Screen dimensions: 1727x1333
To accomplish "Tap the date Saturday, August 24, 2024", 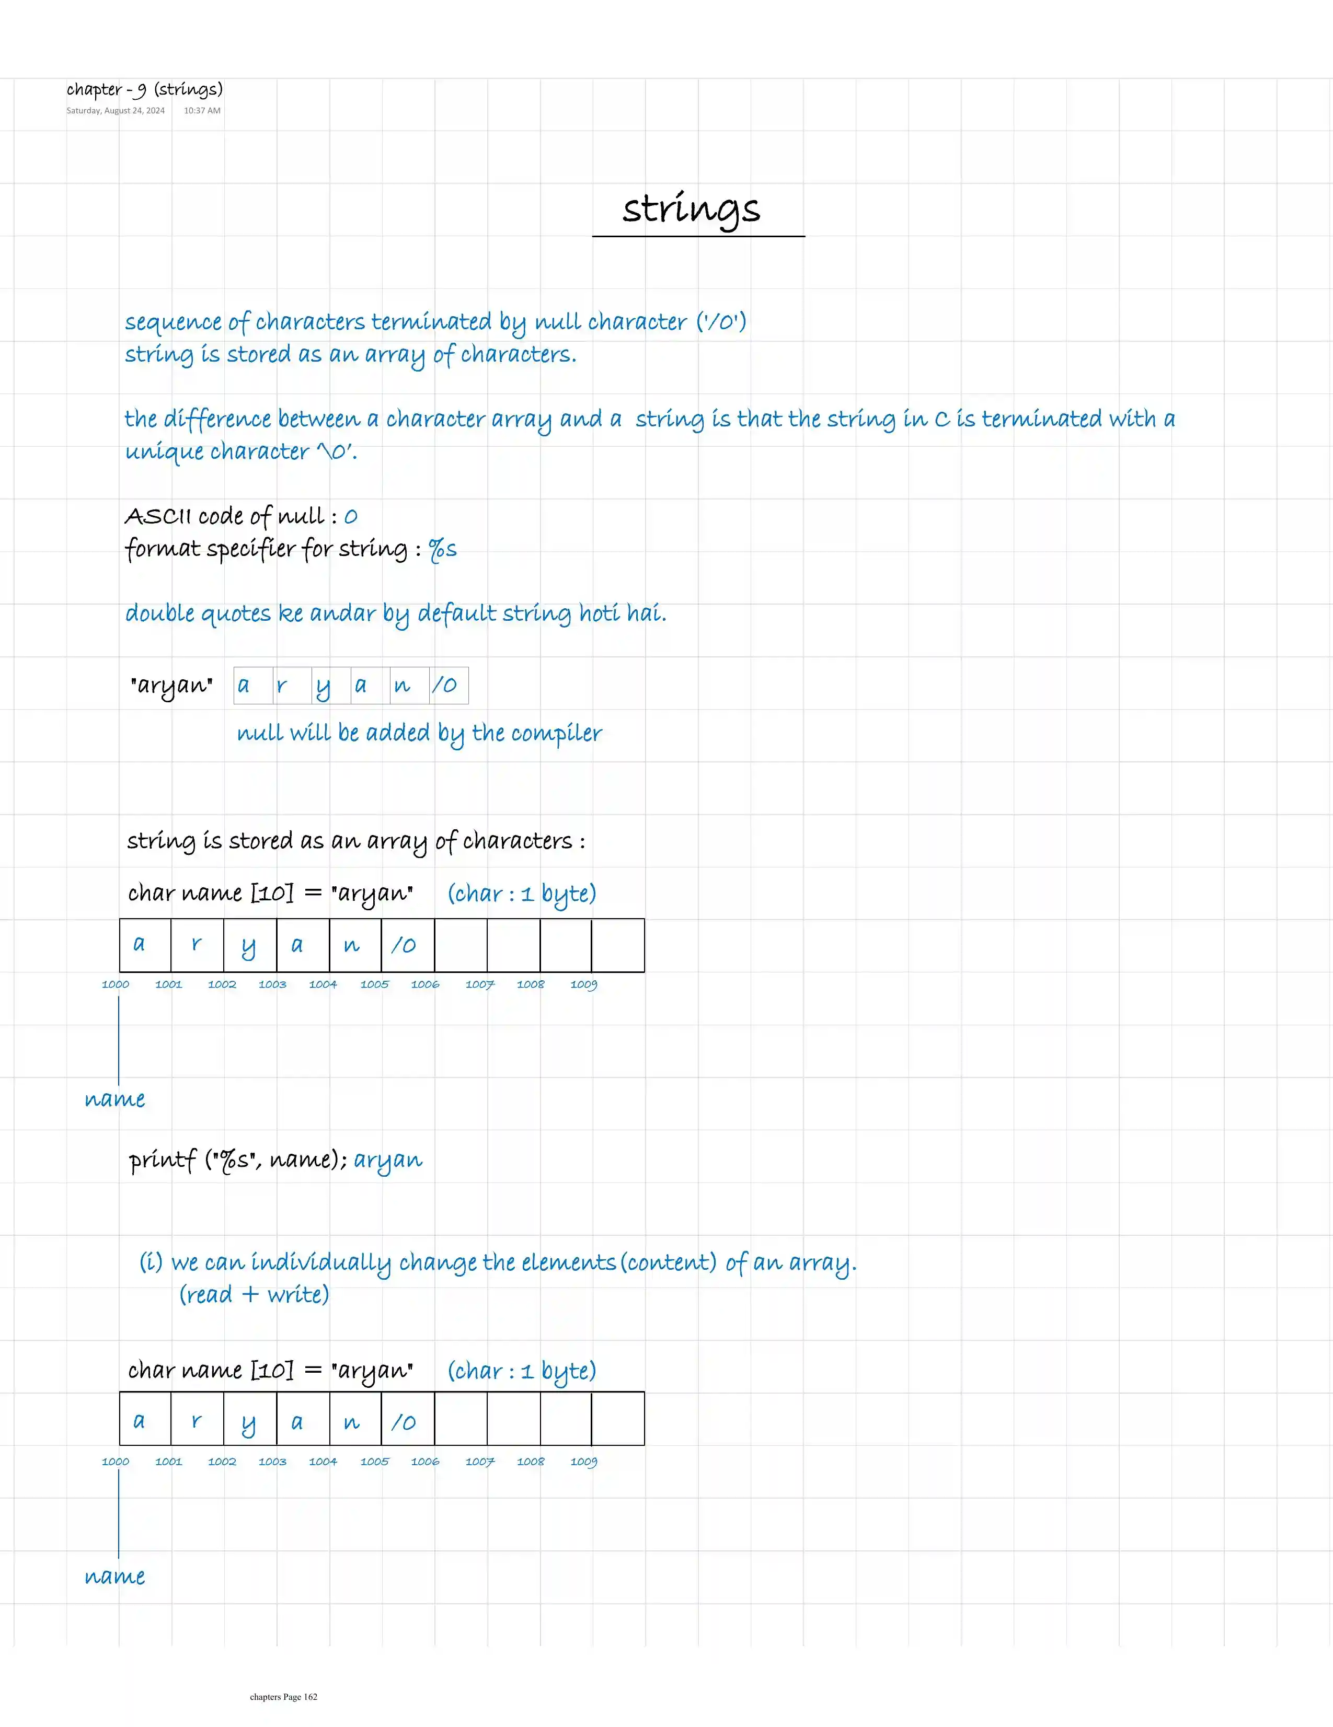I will point(116,111).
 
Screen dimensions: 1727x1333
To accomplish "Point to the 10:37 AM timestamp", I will point(202,111).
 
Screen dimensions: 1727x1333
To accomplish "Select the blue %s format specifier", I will point(442,549).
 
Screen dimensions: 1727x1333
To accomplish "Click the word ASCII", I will point(158,516).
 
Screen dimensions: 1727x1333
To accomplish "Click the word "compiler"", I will point(556,734).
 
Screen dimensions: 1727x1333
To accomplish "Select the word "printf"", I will point(162,1160).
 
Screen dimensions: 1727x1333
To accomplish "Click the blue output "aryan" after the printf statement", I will point(388,1160).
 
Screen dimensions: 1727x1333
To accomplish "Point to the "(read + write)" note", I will point(254,1294).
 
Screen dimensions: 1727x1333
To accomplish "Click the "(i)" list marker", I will point(151,1261).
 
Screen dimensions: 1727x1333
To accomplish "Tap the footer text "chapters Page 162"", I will point(283,1696).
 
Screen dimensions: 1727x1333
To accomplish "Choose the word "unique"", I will point(164,451).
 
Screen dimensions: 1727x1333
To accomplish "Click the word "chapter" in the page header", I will point(94,89).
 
